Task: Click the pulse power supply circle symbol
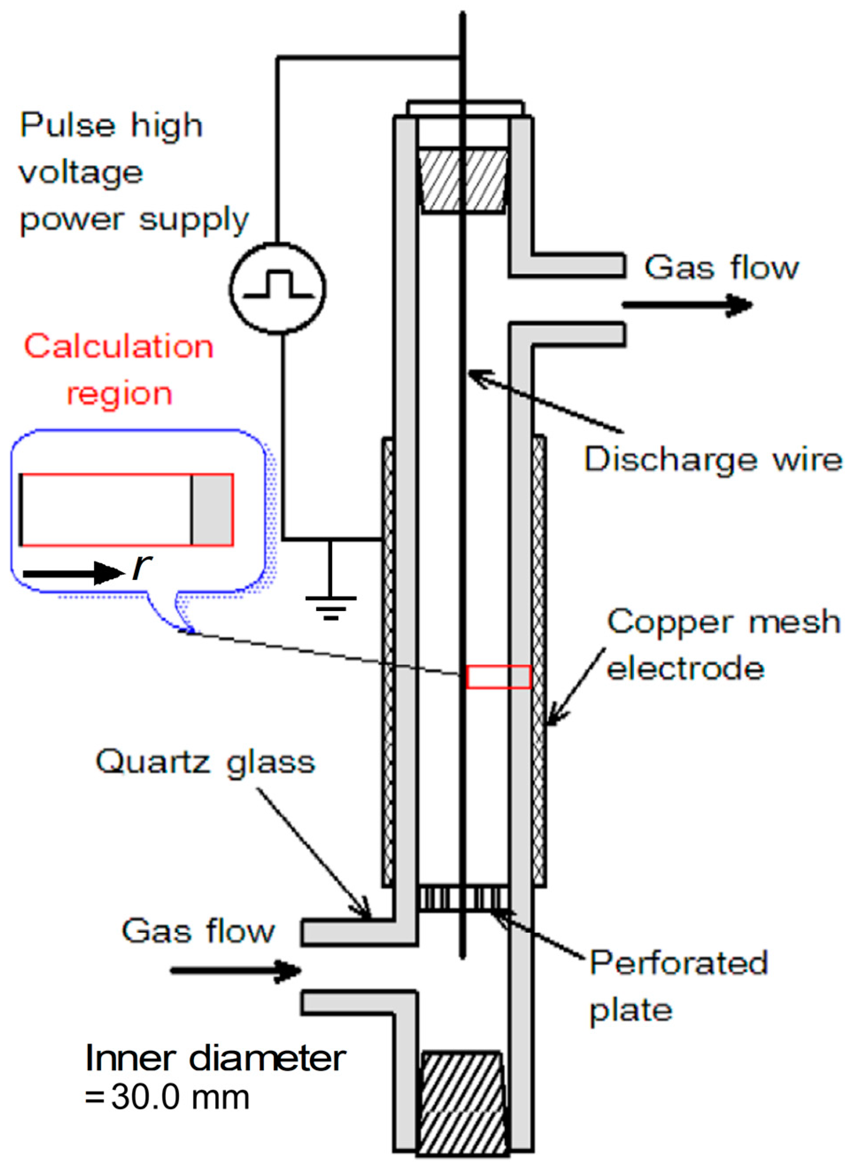point(277,288)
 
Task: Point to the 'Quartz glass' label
point(205,762)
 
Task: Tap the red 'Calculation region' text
point(119,369)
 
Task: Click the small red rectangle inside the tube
point(499,677)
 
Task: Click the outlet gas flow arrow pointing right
point(687,305)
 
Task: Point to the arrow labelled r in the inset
point(72,573)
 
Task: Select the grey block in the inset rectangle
point(212,510)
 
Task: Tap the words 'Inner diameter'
point(215,1058)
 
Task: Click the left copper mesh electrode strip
point(388,661)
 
